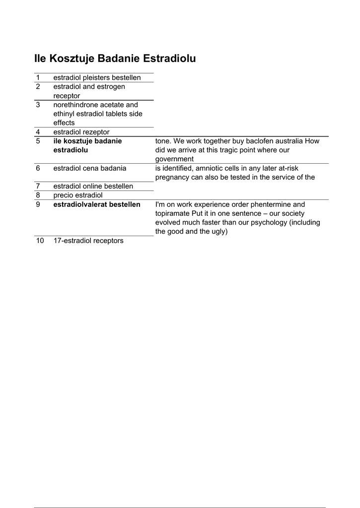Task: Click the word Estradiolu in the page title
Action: [x=169, y=59]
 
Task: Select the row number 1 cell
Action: [x=38, y=77]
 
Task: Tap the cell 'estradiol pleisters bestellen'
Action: [x=97, y=77]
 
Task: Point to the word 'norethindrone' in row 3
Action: [x=75, y=105]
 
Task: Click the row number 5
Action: [x=38, y=141]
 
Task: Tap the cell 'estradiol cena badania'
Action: [x=89, y=168]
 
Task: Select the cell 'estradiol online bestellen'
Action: [x=93, y=186]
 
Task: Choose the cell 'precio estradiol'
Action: [x=78, y=195]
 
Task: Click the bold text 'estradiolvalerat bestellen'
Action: [x=97, y=204]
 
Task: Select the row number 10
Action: [x=40, y=241]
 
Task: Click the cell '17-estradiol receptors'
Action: [x=88, y=241]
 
